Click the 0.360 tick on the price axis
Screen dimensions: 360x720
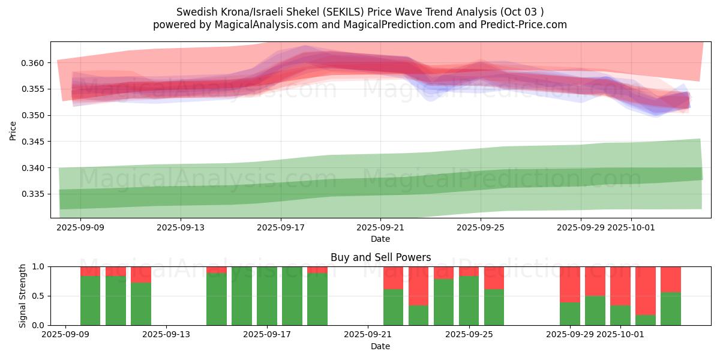tap(32, 63)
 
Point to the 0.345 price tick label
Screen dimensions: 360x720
tap(32, 142)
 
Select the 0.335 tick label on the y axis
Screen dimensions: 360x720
tap(32, 194)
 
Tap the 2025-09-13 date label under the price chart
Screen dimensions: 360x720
tap(181, 228)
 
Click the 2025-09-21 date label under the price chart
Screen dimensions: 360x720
tap(380, 228)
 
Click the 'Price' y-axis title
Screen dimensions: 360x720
tap(13, 130)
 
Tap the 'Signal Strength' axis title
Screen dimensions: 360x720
tap(23, 296)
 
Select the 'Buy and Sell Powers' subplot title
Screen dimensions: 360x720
tap(380, 257)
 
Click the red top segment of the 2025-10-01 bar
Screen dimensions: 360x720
tap(620, 286)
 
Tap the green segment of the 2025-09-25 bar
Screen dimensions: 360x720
tap(469, 300)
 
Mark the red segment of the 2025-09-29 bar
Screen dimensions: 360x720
tap(570, 284)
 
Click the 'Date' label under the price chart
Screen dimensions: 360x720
tap(380, 239)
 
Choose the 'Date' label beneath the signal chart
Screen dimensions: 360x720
tap(380, 346)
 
